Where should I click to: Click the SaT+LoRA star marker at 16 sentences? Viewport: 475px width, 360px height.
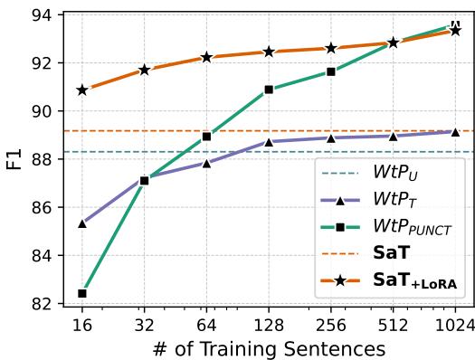pos(82,90)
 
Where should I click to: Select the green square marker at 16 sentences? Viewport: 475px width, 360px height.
pos(82,293)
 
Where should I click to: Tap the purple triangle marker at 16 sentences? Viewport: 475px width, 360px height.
pos(82,223)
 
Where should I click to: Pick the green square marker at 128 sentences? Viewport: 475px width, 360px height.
pos(269,90)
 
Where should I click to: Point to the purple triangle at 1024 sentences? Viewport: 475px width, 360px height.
pos(455,132)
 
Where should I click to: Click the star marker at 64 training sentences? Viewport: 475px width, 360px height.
pos(206,57)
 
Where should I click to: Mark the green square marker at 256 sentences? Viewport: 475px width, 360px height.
pos(331,71)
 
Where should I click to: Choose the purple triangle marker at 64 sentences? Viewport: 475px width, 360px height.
pos(206,163)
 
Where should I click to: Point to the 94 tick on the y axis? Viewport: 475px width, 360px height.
pos(43,15)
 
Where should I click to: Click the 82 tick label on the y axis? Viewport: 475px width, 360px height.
pos(43,304)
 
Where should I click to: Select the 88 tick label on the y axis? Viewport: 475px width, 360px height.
pos(43,159)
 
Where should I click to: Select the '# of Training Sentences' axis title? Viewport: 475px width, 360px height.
pos(269,348)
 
